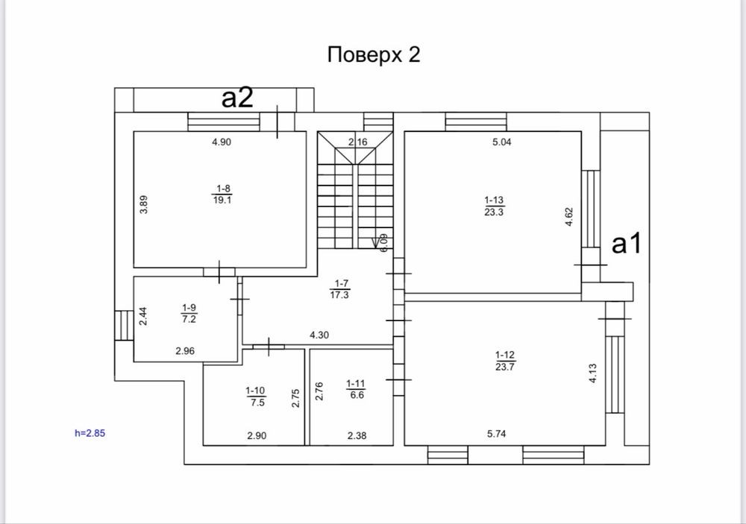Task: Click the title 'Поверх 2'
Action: point(374,55)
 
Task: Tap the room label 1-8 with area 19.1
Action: point(222,195)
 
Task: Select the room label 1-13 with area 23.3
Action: point(494,206)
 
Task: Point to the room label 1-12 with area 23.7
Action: point(505,361)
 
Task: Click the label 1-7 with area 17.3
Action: point(339,289)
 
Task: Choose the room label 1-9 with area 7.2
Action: point(189,313)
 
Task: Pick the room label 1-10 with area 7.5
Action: point(255,397)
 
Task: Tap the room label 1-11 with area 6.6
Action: point(356,389)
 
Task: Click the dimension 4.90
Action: point(222,142)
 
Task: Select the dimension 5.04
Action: point(502,142)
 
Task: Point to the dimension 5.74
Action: point(496,434)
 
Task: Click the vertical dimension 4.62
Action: point(569,216)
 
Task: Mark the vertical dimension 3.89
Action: point(144,204)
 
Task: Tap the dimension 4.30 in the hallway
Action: point(319,335)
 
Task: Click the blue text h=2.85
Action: point(90,433)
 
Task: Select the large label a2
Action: point(237,98)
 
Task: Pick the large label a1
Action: point(627,244)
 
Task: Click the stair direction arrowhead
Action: point(375,244)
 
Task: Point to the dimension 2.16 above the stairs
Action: point(358,142)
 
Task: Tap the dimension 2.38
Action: point(357,435)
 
